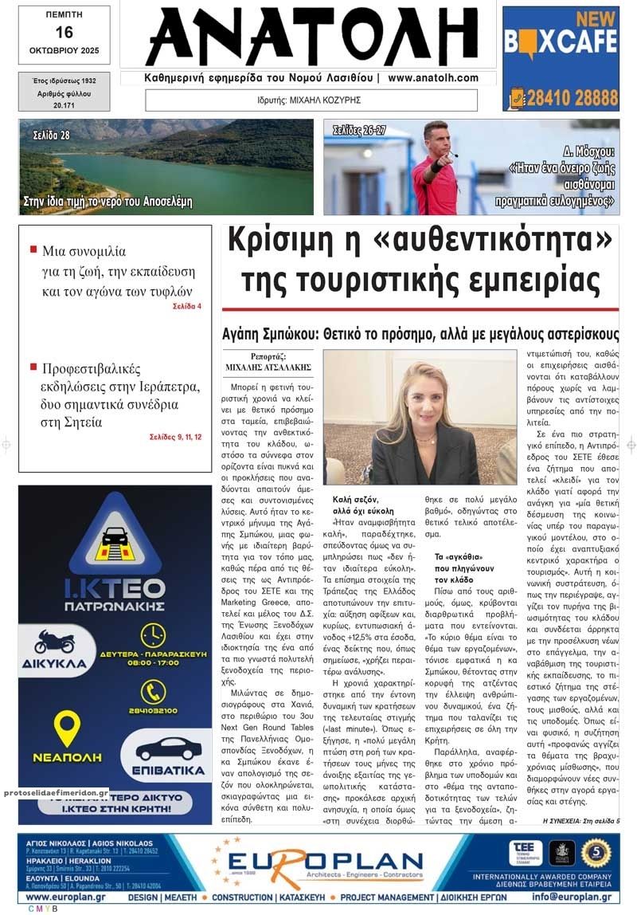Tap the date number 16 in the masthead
(x=64, y=32)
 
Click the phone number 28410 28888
(x=571, y=98)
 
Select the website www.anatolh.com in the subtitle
(x=433, y=78)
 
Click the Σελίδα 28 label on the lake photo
(x=51, y=135)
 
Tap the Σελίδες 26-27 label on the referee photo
(x=359, y=130)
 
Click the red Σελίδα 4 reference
(x=187, y=306)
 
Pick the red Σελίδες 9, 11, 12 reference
(x=175, y=437)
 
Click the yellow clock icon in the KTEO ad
(x=153, y=635)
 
